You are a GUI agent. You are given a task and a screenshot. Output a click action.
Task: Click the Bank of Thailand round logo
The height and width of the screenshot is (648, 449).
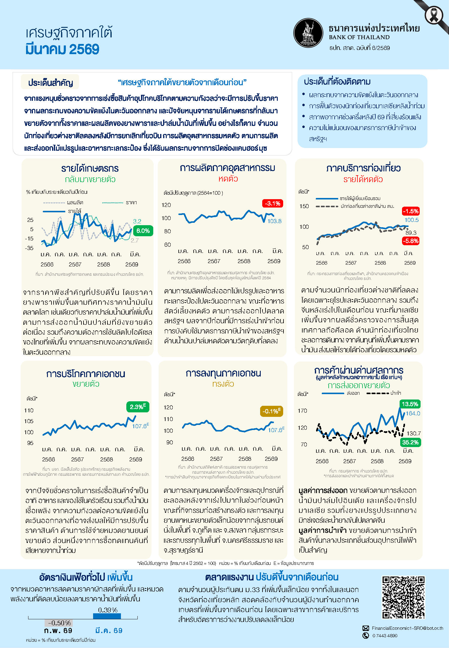[308, 33]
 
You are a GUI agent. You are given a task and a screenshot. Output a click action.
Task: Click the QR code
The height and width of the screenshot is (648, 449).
[403, 597]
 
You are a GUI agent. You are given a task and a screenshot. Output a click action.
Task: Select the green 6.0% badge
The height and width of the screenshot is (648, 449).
[143, 231]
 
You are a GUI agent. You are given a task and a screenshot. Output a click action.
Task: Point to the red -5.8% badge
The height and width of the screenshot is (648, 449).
[410, 241]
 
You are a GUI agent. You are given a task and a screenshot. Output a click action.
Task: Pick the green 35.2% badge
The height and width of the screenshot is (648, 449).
[410, 442]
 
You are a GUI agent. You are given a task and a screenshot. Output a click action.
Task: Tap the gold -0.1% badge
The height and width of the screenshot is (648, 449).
[271, 411]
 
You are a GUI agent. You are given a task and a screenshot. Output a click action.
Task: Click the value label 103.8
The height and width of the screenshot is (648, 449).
[274, 221]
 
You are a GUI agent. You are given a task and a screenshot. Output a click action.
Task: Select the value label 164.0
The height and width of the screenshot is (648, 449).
[413, 413]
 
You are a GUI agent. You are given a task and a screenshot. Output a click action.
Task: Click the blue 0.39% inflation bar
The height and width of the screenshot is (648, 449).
[107, 616]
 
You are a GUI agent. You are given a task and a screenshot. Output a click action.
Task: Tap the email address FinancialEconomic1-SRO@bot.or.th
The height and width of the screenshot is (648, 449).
[407, 628]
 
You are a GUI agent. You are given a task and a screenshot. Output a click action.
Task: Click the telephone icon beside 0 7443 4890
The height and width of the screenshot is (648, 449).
[365, 635]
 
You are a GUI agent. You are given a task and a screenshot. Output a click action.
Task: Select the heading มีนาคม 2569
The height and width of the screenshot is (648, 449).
[62, 49]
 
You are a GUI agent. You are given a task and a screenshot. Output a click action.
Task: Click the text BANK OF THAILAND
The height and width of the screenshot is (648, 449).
[359, 37]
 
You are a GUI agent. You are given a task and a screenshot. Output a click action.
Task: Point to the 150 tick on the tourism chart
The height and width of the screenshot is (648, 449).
[304, 206]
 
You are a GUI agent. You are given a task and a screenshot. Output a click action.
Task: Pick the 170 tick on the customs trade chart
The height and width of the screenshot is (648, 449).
[302, 411]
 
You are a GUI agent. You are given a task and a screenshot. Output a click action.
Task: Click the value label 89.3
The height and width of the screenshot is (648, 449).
[411, 233]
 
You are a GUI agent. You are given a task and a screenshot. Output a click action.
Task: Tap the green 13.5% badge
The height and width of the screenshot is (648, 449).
[410, 404]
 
